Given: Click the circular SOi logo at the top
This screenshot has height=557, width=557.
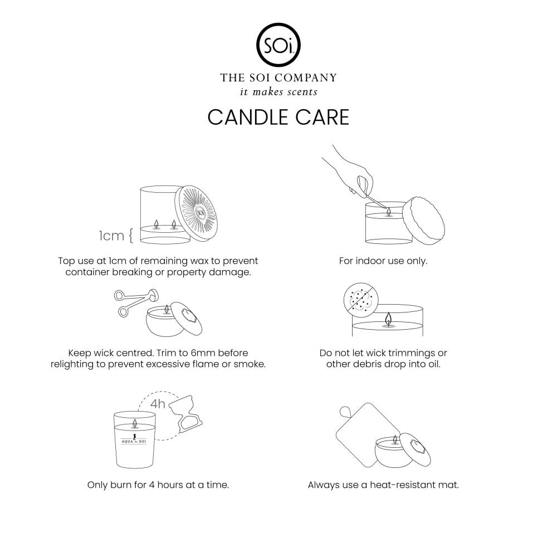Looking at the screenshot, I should [278, 44].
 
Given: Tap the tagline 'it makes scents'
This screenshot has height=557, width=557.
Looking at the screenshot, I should [278, 91].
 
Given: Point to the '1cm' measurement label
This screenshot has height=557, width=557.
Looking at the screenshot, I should [111, 236].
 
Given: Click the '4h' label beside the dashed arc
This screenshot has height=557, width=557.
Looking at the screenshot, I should [158, 403].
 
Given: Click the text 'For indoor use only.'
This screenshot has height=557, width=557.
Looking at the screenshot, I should [383, 261].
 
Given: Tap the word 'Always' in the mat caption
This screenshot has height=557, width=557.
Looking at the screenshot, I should [323, 485].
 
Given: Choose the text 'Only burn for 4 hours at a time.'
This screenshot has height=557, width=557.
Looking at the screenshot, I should [158, 485].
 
